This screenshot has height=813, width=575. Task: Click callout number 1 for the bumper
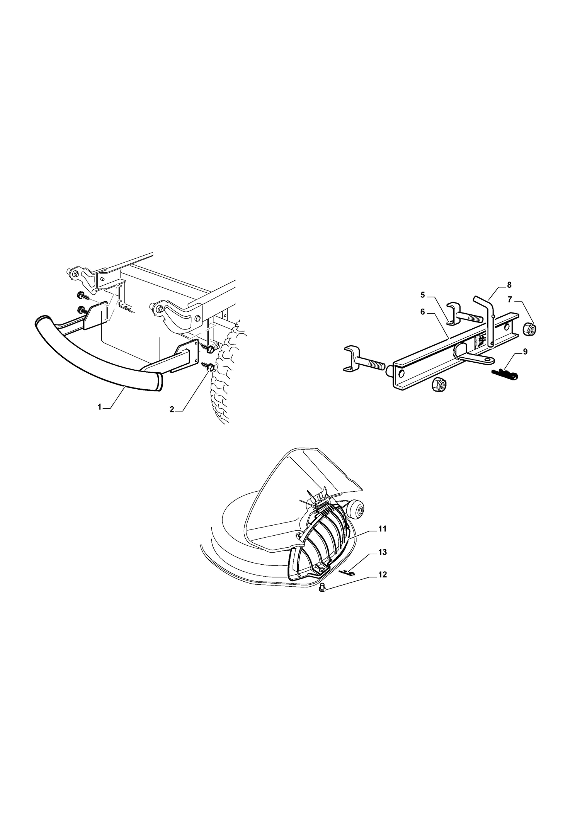(x=99, y=407)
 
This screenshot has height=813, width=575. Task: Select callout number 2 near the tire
(x=172, y=409)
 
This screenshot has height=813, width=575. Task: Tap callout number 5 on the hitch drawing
(x=423, y=295)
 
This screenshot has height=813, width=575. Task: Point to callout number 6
(x=423, y=312)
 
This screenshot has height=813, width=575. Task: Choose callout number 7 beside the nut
(x=510, y=300)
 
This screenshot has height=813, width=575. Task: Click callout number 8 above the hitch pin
(x=509, y=285)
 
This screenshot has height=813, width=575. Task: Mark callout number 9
(x=525, y=352)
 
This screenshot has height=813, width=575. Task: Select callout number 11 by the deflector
(x=382, y=529)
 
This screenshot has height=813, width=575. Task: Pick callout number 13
(x=383, y=552)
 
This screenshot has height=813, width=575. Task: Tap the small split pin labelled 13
(x=346, y=573)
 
